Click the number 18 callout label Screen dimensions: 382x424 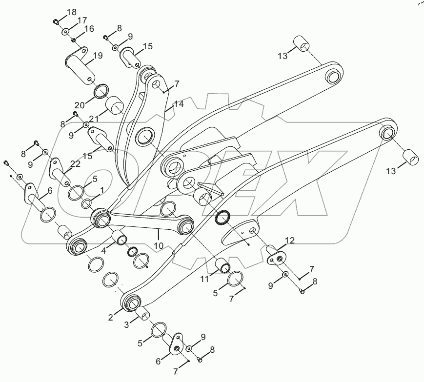pos(72,11)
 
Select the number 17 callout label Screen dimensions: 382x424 pos(81,20)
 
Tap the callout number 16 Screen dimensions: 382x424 pos(89,29)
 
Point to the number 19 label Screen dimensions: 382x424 pos(97,56)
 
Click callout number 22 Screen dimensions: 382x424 pos(75,165)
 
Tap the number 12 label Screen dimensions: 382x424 pos(290,240)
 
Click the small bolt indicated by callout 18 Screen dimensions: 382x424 pos(56,21)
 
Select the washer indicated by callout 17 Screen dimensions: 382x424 pos(65,32)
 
